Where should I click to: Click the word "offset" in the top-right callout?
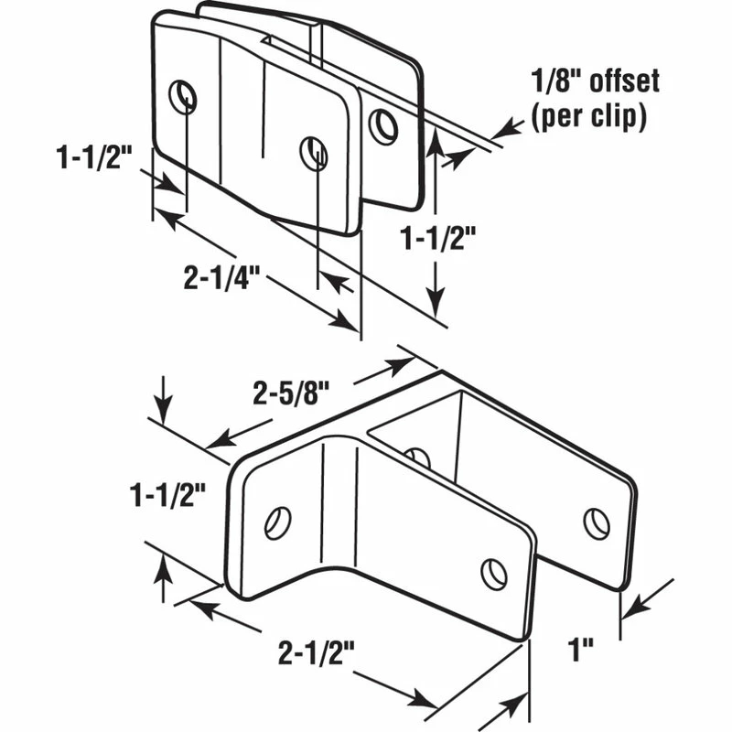(625, 81)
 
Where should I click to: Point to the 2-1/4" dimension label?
(221, 278)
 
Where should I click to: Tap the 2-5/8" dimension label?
(291, 393)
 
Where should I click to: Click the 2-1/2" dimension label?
(317, 652)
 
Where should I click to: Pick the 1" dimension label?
(581, 650)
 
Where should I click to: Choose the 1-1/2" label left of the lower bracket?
(167, 495)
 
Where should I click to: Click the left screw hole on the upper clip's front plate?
(182, 97)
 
